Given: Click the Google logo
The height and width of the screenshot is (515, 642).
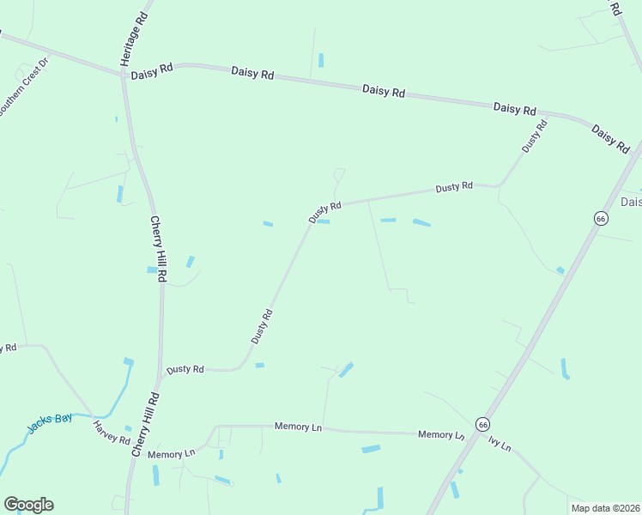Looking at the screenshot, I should pyautogui.click(x=28, y=505).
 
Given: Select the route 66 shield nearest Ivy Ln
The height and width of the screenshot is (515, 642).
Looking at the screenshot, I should pyautogui.click(x=484, y=425).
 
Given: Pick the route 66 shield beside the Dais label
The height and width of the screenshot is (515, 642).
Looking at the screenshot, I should pyautogui.click(x=601, y=219).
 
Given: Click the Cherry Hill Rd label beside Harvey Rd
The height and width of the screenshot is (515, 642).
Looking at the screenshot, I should pyautogui.click(x=146, y=425).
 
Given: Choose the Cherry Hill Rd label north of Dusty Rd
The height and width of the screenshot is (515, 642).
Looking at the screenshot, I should pyautogui.click(x=160, y=250).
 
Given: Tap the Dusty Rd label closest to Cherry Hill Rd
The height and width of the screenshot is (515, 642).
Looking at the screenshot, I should pyautogui.click(x=185, y=369).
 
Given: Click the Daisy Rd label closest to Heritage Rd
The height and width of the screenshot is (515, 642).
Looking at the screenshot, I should pyautogui.click(x=152, y=75).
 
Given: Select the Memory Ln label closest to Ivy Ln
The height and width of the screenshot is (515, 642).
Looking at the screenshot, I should pyautogui.click(x=441, y=435).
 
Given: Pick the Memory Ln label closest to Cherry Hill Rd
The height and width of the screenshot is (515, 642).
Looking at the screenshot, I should pyautogui.click(x=172, y=454).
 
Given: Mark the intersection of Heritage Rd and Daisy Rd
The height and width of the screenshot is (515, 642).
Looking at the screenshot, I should pyautogui.click(x=125, y=74).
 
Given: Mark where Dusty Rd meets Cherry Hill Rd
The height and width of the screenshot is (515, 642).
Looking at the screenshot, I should pyautogui.click(x=161, y=374).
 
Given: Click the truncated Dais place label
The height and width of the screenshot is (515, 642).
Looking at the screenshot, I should pyautogui.click(x=631, y=203).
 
